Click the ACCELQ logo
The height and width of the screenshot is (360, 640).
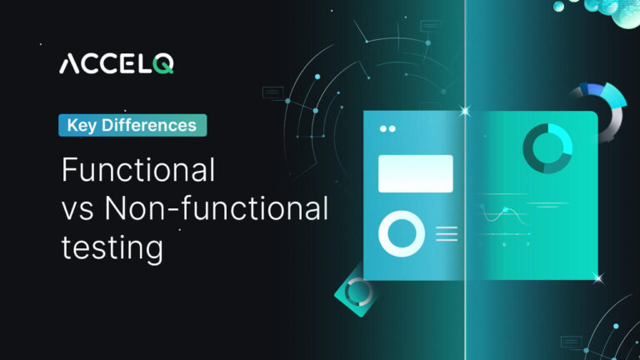(x=117, y=63)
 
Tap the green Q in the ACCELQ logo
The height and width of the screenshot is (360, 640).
(x=163, y=64)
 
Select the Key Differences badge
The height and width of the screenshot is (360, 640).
(x=132, y=125)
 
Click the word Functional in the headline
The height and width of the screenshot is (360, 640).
(x=138, y=170)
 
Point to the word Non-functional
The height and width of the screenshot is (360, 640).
(x=217, y=208)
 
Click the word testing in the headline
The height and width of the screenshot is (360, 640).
(x=112, y=247)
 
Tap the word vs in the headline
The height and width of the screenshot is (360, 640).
(x=77, y=212)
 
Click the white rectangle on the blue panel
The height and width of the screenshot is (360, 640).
(x=416, y=173)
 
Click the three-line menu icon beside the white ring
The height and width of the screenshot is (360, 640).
(x=447, y=234)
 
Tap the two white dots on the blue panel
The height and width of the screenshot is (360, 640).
(x=387, y=129)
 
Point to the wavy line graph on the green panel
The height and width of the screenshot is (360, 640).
(x=504, y=215)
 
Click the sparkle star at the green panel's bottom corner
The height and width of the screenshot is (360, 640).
(x=598, y=278)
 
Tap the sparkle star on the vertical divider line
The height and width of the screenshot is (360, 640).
(x=465, y=111)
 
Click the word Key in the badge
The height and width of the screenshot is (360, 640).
(x=82, y=126)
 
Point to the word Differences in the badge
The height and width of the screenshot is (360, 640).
(x=149, y=125)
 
